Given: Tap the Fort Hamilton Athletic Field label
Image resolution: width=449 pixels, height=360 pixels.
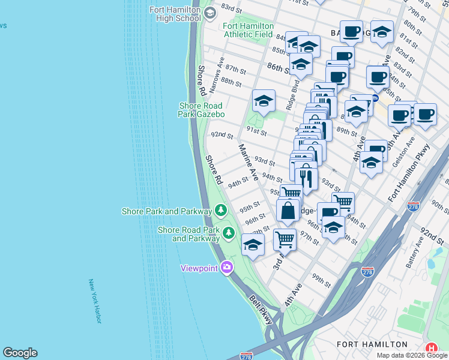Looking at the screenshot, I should [x=248, y=30].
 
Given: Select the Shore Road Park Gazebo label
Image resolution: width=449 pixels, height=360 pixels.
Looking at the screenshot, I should [x=201, y=110].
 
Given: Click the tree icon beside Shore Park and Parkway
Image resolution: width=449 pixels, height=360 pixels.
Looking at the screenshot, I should [x=221, y=211].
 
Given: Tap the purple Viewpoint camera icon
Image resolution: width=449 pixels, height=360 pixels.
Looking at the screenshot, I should [x=226, y=268].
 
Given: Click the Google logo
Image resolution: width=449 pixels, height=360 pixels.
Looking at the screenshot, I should [x=20, y=353].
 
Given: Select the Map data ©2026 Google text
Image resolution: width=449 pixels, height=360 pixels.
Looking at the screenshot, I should [x=411, y=355].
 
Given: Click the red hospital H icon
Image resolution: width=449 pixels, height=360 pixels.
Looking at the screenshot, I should [x=432, y=348].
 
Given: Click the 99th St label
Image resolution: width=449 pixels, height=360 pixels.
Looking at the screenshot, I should [x=321, y=280].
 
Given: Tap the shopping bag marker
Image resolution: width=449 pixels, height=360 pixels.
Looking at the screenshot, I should [x=288, y=211].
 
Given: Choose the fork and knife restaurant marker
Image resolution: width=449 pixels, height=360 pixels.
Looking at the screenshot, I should [x=306, y=177].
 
